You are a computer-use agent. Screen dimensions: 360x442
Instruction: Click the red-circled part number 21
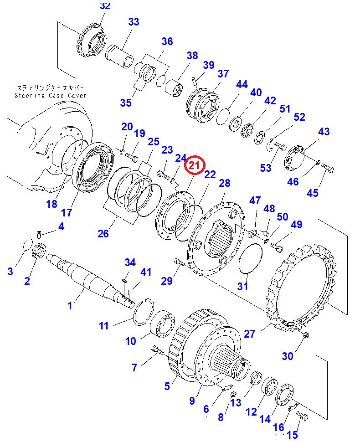click(195, 165)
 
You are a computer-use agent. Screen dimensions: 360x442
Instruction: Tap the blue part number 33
click(134, 22)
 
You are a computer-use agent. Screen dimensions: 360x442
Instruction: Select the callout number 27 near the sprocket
click(249, 334)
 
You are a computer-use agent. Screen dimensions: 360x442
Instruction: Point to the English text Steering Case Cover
click(51, 96)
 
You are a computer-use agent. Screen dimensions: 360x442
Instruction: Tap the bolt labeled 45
click(327, 168)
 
